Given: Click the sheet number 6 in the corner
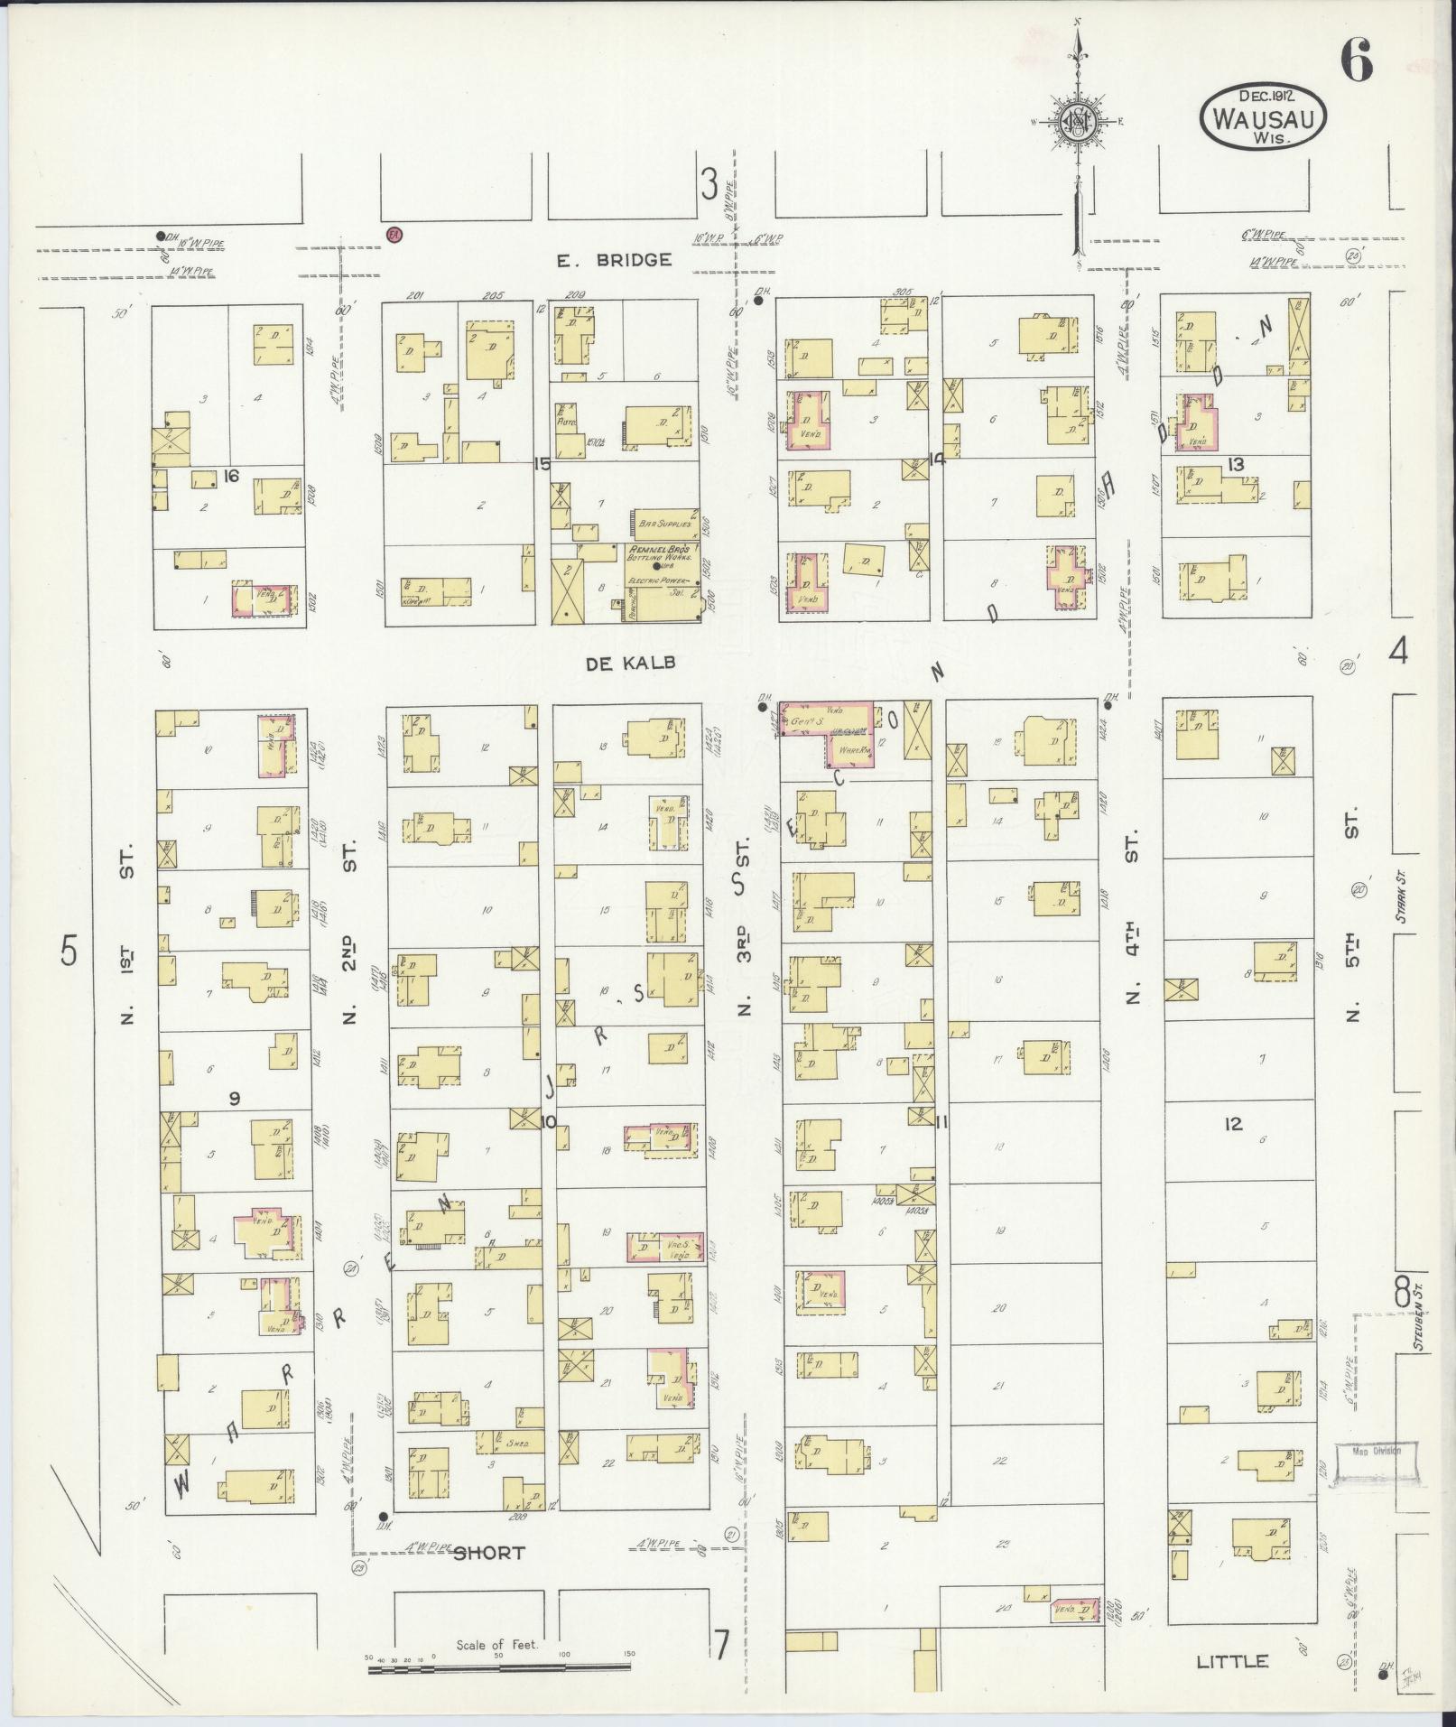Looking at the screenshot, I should point(1356,61).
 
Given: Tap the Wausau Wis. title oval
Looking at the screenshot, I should point(1263,116).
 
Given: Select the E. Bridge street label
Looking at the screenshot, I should point(614,260).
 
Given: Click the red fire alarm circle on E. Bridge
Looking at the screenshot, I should point(394,234).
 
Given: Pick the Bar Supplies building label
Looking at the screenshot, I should point(664,523).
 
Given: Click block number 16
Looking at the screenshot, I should point(232,475).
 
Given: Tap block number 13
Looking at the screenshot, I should point(1236,464).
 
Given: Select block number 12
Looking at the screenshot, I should point(1234,1124).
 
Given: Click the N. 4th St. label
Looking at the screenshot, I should point(1133,918).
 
